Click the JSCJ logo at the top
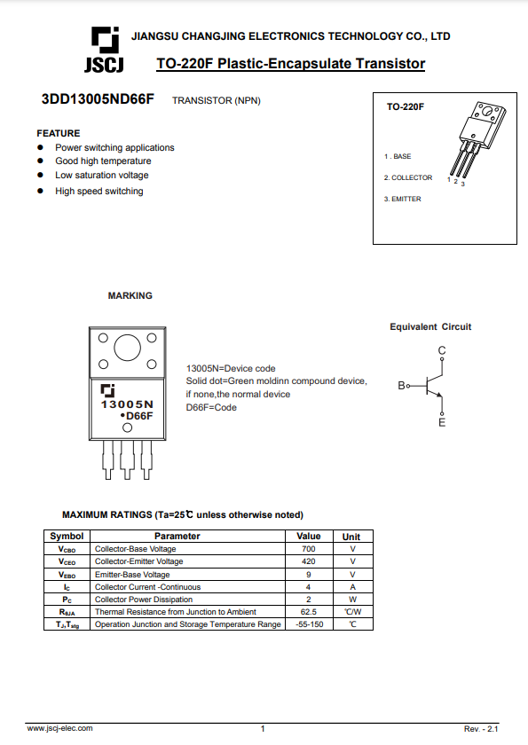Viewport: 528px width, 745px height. pos(105,50)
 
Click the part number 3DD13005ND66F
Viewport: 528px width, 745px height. pos(98,98)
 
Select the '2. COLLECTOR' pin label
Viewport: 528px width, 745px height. pos(408,177)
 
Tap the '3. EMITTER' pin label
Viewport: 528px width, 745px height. pos(403,199)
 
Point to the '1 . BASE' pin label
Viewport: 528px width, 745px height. pos(398,156)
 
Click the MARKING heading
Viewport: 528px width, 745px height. pos(130,295)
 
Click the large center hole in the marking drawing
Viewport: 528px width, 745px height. pos(128,348)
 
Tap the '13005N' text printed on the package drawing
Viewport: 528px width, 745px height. pos(127,404)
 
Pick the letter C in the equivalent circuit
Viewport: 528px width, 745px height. pos(442,350)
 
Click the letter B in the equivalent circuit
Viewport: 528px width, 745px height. pos(402,385)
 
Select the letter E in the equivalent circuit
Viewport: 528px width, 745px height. pos(442,422)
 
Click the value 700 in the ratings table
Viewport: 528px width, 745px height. pos(309,549)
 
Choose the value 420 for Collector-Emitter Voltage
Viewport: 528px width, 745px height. pos(309,561)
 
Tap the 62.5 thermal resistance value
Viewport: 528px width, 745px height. pos(309,611)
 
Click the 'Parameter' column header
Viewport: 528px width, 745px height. pos(177,536)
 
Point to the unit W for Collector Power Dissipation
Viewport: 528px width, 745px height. pos(352,600)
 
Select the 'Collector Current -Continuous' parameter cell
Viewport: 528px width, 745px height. pos(148,587)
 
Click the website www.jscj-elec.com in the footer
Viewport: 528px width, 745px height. pos(59,728)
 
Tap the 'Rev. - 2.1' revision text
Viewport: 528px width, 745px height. pos(481,729)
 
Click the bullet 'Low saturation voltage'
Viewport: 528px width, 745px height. pos(102,175)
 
